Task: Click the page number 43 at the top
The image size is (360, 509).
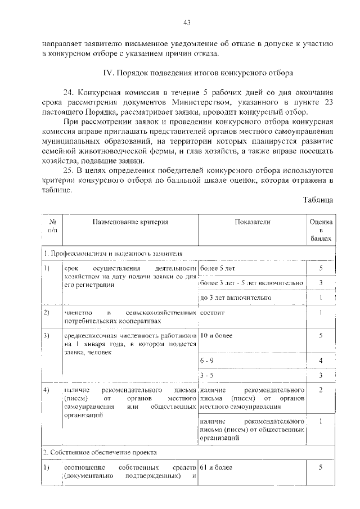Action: [x=188, y=22]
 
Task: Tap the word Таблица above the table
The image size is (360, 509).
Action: [x=318, y=200]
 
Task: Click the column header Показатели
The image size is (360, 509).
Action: [x=253, y=222]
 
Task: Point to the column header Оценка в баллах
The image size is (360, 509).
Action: [x=321, y=230]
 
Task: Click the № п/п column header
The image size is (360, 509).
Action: [x=52, y=226]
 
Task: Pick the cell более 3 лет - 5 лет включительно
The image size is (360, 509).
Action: [x=252, y=282]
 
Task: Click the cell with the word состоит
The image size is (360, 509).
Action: [x=212, y=312]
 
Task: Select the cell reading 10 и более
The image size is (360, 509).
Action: [x=215, y=336]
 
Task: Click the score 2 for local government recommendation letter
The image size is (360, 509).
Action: [x=321, y=390]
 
